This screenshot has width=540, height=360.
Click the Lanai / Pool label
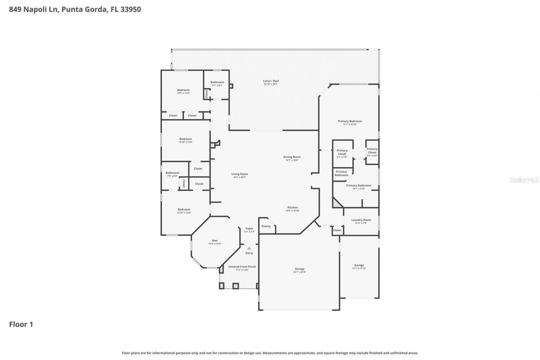(x=271, y=81)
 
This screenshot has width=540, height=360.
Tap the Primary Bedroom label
(x=350, y=122)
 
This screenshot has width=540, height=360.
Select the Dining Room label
(x=292, y=157)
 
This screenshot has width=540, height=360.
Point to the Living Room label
(x=240, y=174)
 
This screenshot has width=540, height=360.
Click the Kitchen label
(x=293, y=208)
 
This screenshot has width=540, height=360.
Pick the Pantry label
(x=266, y=226)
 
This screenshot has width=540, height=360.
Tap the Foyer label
(x=249, y=229)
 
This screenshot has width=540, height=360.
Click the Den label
(x=215, y=241)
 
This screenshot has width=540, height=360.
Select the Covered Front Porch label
(x=242, y=267)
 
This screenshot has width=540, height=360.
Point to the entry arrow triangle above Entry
(x=249, y=248)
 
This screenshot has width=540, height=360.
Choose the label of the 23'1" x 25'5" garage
(x=300, y=269)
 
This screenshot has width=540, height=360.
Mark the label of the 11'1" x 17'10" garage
(x=359, y=265)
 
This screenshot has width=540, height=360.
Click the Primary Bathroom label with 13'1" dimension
(x=359, y=186)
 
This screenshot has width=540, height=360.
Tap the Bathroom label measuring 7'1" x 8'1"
(x=217, y=83)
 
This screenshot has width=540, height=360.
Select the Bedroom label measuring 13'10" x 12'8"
(x=184, y=210)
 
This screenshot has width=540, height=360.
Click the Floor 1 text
(x=21, y=325)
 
